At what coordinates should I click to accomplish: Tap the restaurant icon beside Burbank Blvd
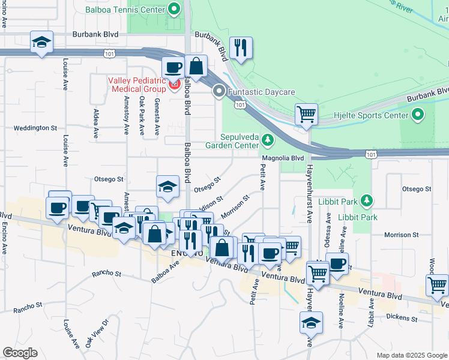pyautogui.click(x=241, y=49)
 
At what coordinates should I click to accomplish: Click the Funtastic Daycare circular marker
pyautogui.click(x=219, y=92)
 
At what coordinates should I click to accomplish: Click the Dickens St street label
pyautogui.click(x=401, y=316)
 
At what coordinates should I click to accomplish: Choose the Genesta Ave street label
pyautogui.click(x=157, y=116)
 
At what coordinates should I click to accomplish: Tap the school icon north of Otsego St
pyautogui.click(x=168, y=187)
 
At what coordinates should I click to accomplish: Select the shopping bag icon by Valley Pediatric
pyautogui.click(x=196, y=66)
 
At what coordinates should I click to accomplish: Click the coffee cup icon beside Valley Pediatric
pyautogui.click(x=173, y=68)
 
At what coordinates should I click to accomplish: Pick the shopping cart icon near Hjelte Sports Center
pyautogui.click(x=306, y=113)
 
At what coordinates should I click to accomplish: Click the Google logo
pyautogui.click(x=19, y=353)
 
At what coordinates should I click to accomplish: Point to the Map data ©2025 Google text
pyautogui.click(x=411, y=355)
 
